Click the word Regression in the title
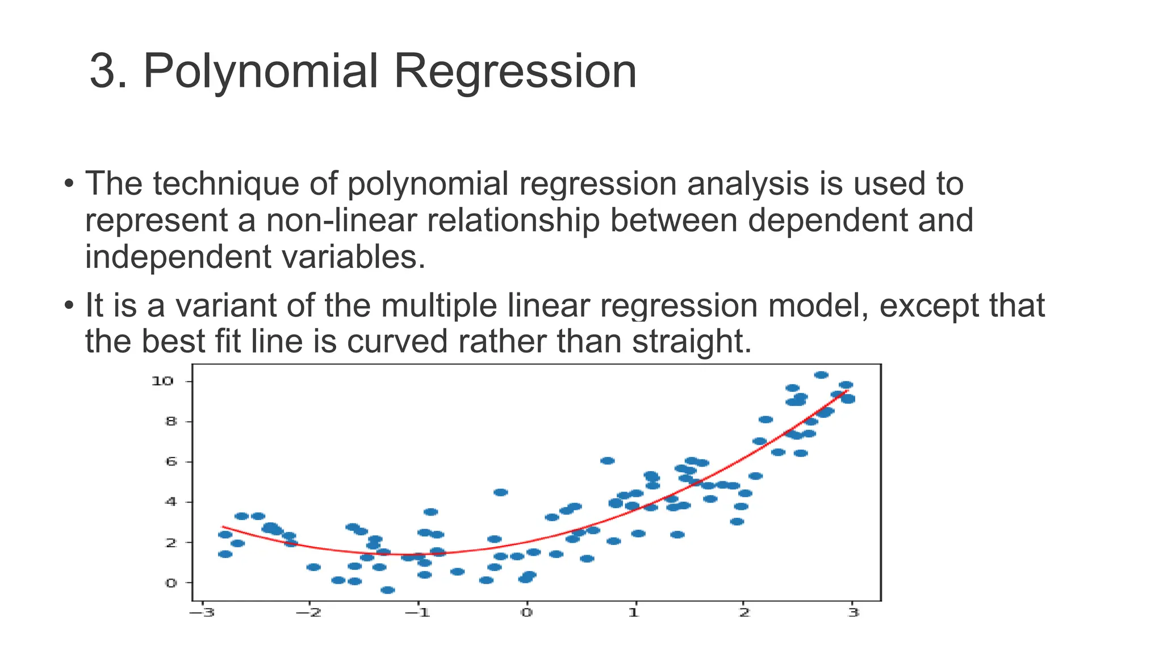[515, 72]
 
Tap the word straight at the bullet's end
[687, 342]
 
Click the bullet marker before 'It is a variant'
[69, 305]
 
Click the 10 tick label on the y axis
[162, 381]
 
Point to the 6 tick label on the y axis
[170, 462]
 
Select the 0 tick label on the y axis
[170, 583]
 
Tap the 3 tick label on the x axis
[854, 613]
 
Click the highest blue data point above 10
[821, 375]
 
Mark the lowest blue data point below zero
[387, 590]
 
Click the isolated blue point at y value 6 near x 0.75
[608, 460]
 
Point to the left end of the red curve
[223, 527]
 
